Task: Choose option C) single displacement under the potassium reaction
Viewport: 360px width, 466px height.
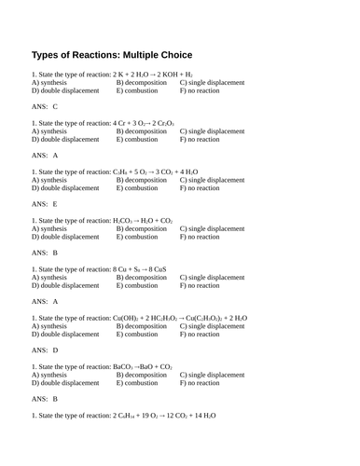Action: (212, 83)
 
